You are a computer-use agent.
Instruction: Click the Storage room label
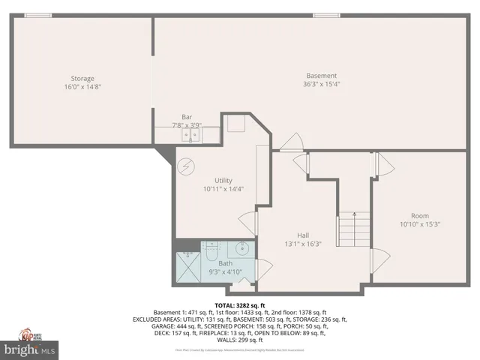click(82, 78)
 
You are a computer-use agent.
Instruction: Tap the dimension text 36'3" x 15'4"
click(321, 84)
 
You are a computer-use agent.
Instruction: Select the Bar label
click(187, 117)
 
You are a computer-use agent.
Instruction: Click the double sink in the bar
click(192, 135)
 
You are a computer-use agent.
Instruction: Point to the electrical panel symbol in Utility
click(185, 166)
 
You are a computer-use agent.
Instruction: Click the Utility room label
click(223, 180)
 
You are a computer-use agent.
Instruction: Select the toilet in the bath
click(211, 251)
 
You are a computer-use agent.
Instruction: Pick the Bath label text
click(225, 263)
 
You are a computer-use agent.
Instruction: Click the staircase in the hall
click(354, 229)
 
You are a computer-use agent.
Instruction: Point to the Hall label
click(303, 235)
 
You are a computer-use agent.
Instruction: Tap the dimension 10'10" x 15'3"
click(420, 223)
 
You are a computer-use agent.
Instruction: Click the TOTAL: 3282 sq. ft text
click(241, 305)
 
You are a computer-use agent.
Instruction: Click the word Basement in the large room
click(321, 75)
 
